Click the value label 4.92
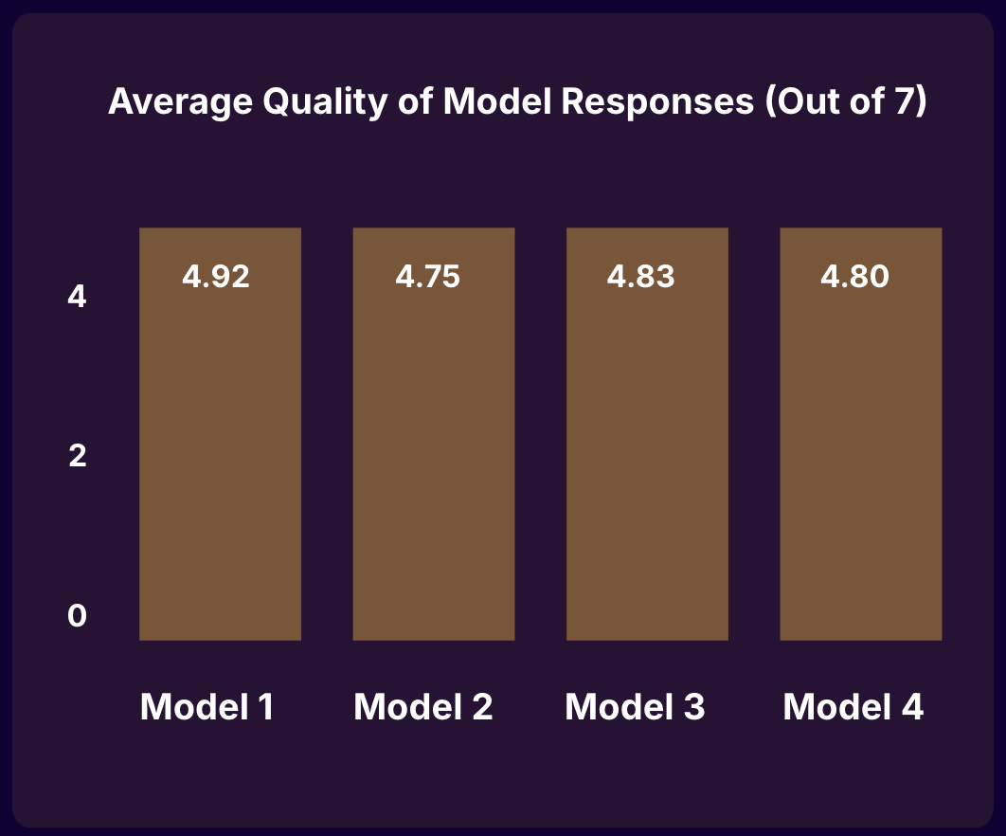(215, 277)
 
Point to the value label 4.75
(427, 277)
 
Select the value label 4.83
(641, 277)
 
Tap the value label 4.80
(855, 277)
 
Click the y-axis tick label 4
(78, 298)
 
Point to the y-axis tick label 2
(78, 456)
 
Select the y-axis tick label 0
(78, 616)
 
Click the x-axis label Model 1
(207, 707)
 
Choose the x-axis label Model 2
(423, 707)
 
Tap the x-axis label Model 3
(636, 707)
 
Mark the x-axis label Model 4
(853, 707)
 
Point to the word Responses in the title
(656, 101)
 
